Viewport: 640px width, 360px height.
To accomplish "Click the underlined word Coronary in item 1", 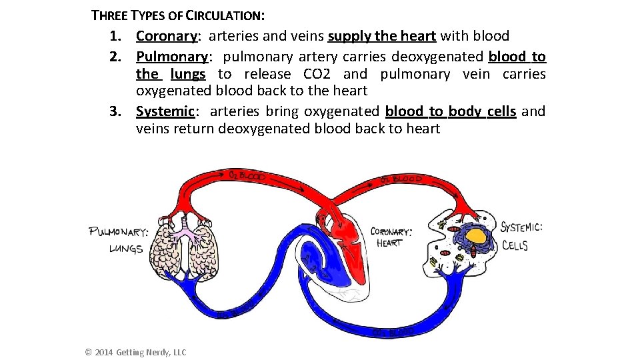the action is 167,36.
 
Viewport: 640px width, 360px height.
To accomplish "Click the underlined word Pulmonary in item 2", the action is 172,56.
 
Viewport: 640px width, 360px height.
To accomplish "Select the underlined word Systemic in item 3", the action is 165,111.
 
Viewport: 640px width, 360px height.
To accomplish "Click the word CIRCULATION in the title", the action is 220,15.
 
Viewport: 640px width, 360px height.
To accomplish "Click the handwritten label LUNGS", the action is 126,249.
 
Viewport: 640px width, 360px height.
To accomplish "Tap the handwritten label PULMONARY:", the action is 119,232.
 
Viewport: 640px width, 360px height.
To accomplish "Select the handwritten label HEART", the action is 389,243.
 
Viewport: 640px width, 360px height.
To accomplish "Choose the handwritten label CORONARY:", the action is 391,231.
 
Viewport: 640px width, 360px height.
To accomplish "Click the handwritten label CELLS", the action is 515,245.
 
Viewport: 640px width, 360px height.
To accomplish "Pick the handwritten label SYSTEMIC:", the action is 521,227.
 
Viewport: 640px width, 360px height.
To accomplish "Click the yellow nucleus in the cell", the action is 475,235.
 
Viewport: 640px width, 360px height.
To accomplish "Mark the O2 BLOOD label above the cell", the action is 401,179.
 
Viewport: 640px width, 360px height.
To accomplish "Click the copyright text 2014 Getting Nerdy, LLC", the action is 136,352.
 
